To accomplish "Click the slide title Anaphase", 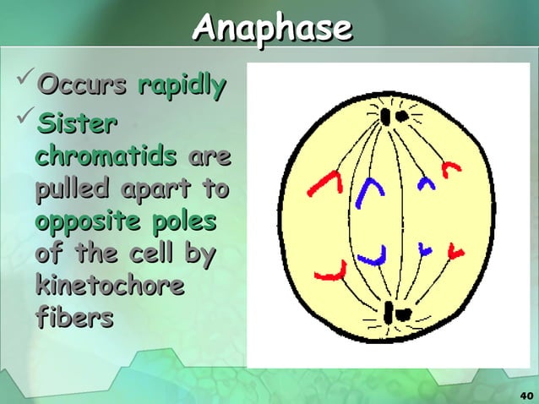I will (270, 28).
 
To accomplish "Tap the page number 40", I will (524, 396).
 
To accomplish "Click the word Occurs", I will (83, 85).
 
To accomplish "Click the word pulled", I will (74, 189).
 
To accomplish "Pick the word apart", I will (156, 189).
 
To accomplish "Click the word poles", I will (185, 221).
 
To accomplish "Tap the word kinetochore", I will (110, 286).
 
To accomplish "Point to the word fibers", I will (74, 319).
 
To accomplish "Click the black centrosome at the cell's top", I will (391, 115).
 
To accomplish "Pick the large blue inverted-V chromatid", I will (367, 194).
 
